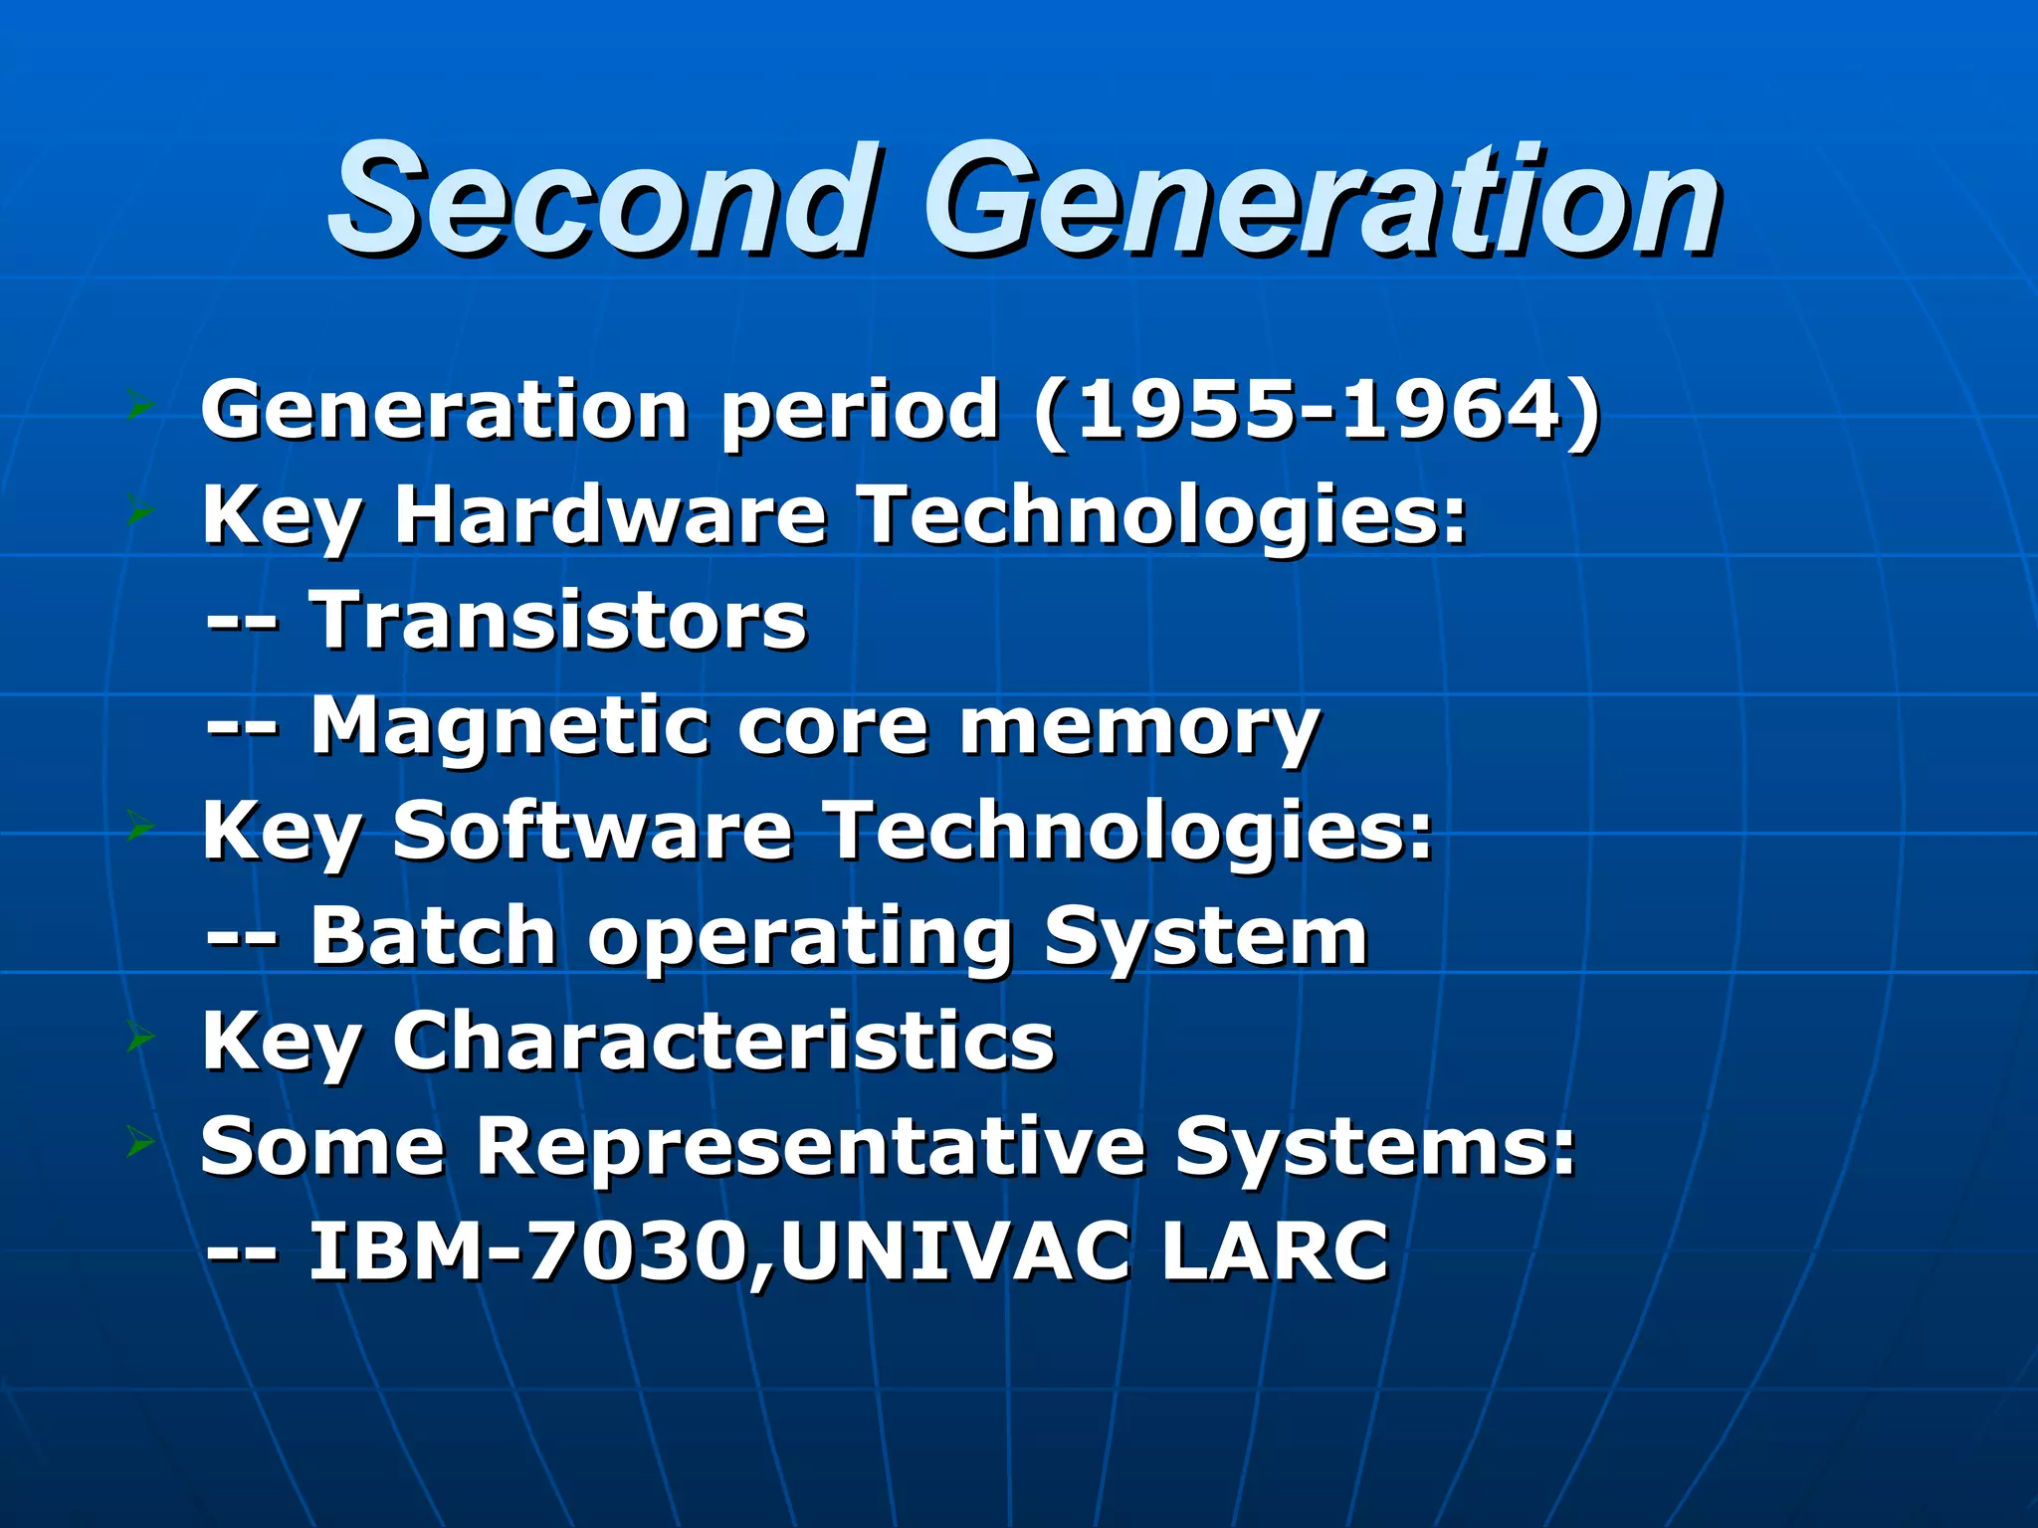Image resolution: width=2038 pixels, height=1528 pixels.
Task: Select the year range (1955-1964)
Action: pyautogui.click(x=1318, y=410)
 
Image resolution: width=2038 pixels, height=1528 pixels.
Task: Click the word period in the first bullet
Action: pyautogui.click(x=860, y=412)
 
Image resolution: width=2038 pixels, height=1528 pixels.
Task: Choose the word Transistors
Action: pyautogui.click(x=558, y=621)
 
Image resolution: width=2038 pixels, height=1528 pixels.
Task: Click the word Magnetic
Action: pyautogui.click(x=509, y=726)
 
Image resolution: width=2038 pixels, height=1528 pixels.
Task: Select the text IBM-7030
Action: pyautogui.click(x=527, y=1251)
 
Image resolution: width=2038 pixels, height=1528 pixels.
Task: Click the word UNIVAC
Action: pyautogui.click(x=955, y=1251)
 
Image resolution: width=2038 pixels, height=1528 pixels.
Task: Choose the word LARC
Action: pyautogui.click(x=1274, y=1251)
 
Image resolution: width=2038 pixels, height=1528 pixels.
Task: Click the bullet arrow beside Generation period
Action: pyautogui.click(x=140, y=406)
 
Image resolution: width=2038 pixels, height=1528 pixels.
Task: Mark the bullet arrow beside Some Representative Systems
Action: pyautogui.click(x=140, y=1145)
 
